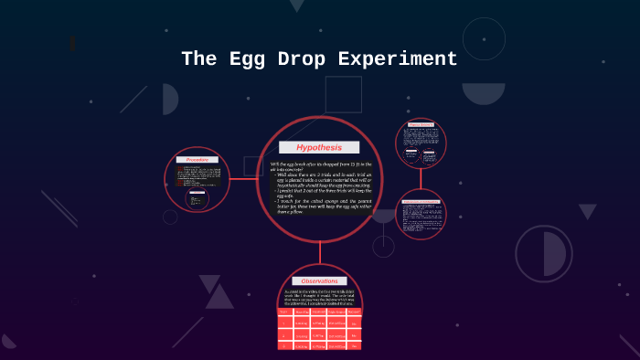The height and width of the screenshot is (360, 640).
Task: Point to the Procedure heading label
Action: [197, 160]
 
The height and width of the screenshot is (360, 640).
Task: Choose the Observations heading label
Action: [319, 281]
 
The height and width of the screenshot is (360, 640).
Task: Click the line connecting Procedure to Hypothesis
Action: [240, 178]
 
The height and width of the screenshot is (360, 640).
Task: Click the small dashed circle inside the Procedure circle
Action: [197, 199]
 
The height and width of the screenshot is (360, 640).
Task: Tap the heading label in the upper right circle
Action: [421, 124]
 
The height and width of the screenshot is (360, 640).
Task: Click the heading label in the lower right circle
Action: [421, 200]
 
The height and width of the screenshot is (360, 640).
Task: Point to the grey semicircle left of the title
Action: [170, 99]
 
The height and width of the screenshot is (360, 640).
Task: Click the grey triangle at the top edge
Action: [296, 5]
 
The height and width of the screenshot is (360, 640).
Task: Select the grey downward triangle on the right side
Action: [587, 211]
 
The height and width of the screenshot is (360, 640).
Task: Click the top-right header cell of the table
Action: [353, 312]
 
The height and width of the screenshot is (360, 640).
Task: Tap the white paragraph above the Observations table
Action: [319, 298]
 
